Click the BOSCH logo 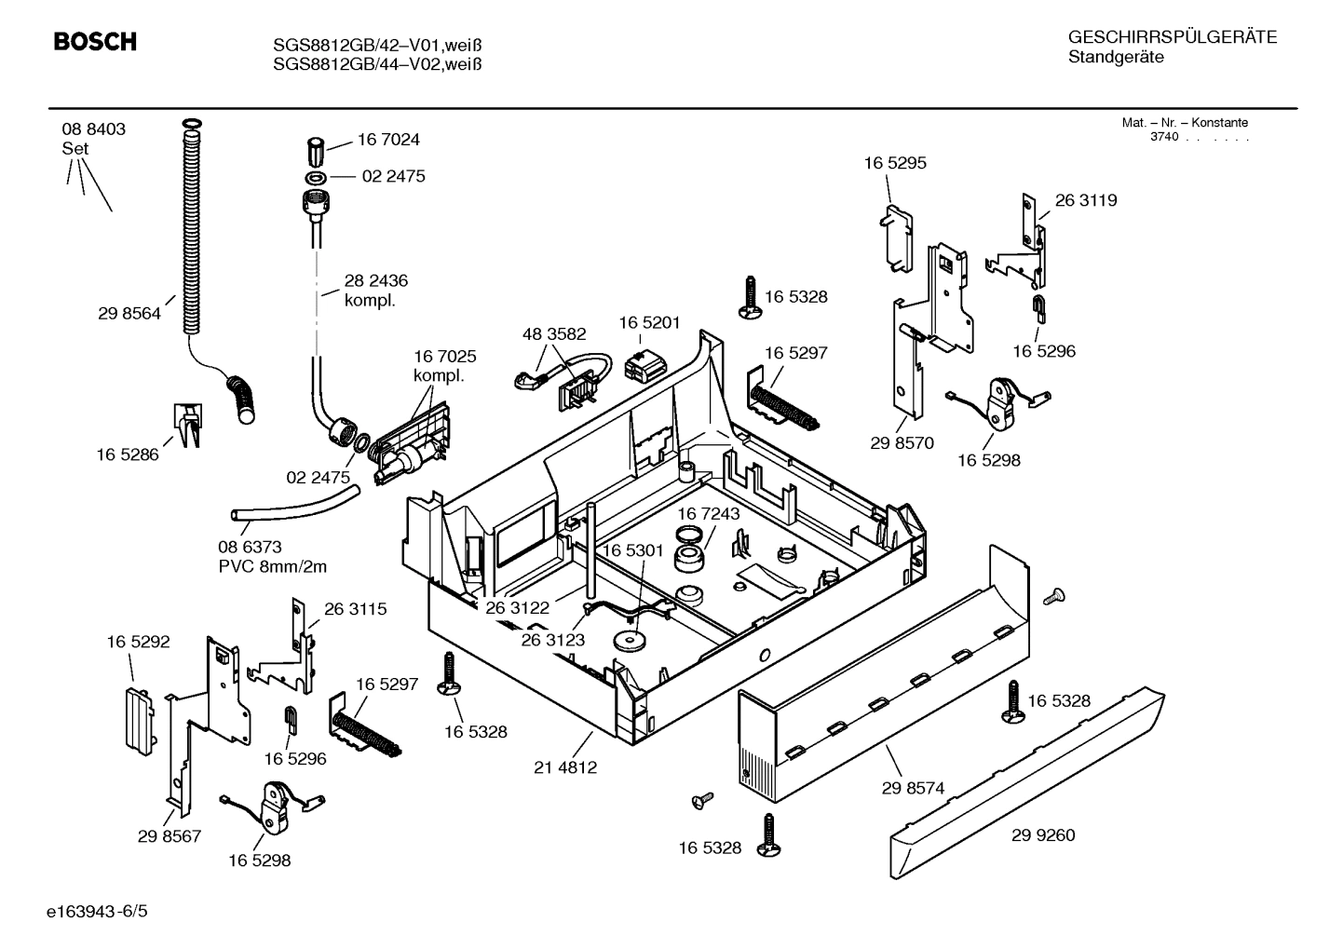(95, 42)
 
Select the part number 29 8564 (129, 314)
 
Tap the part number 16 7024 (388, 140)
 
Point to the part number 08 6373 (250, 548)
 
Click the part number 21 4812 (565, 767)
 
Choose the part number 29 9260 (1043, 835)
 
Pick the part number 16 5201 (649, 322)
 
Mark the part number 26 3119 (1086, 200)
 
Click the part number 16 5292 (138, 642)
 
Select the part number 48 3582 (554, 333)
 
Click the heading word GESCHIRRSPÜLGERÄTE (1172, 38)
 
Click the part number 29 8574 (913, 788)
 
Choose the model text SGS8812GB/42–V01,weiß (377, 45)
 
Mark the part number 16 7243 (708, 514)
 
